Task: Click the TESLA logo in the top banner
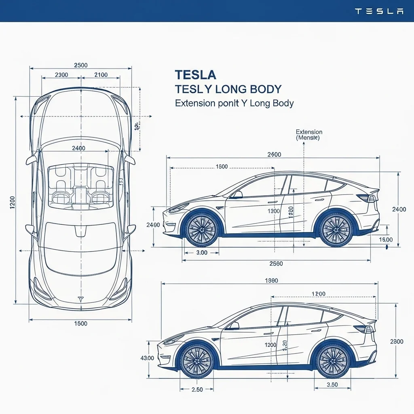(379, 11)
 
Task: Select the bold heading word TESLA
(195, 75)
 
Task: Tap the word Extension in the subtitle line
(195, 103)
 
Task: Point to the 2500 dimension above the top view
(81, 65)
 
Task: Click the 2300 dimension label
(61, 75)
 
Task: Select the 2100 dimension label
(101, 75)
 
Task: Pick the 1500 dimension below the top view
(81, 323)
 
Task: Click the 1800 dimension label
(222, 167)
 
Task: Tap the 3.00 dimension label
(201, 253)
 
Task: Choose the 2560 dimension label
(276, 264)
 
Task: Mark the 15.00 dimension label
(386, 240)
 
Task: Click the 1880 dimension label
(271, 281)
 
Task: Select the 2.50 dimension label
(197, 389)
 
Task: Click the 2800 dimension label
(397, 342)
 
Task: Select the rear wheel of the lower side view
(333, 360)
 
